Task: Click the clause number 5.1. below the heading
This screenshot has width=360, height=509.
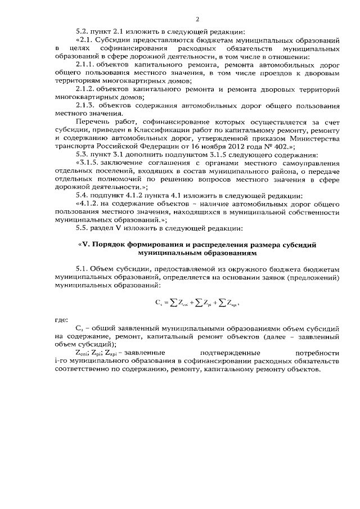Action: pos(83,271)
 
